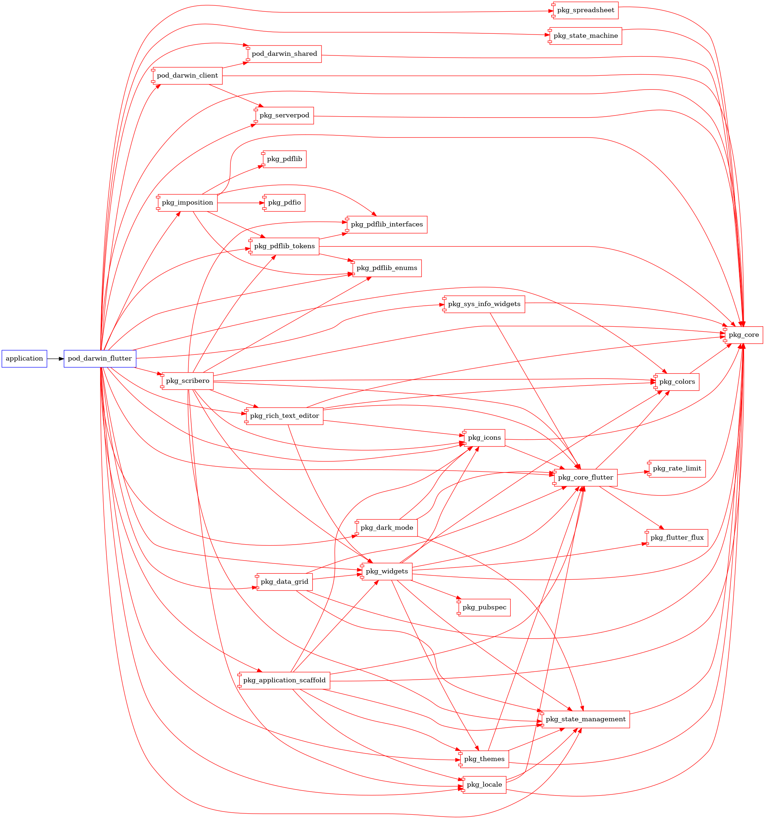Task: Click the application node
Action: click(24, 358)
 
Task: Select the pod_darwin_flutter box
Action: click(100, 358)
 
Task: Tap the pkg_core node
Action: click(743, 335)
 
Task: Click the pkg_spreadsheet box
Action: click(585, 10)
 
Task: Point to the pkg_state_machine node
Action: click(585, 36)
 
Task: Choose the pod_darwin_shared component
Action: click(284, 54)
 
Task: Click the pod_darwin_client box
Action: click(187, 76)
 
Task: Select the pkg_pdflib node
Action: click(284, 159)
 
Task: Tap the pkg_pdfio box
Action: click(284, 203)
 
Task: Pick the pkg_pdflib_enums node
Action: click(386, 268)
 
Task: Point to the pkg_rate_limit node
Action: click(677, 469)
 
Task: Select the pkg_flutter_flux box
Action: click(677, 537)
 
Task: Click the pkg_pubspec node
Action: click(484, 607)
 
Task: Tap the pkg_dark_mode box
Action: click(386, 528)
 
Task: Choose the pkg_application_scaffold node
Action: click(284, 680)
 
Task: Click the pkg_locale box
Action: click(484, 785)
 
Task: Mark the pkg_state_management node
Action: click(585, 719)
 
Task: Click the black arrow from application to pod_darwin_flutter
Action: click(55, 358)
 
